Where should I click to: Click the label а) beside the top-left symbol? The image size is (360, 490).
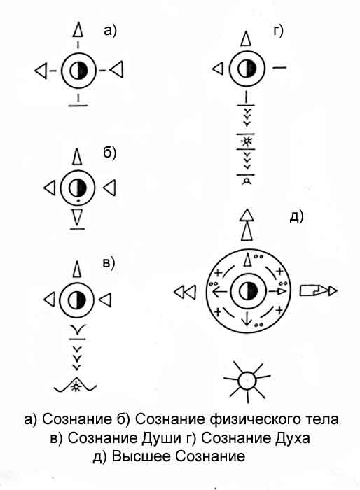point(110,31)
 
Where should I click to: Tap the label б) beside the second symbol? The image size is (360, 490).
point(109,153)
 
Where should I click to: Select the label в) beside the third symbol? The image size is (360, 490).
point(109,263)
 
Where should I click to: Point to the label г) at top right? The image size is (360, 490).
point(278,31)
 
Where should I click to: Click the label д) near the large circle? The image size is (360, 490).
point(296,216)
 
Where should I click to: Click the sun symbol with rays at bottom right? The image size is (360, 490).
point(247,381)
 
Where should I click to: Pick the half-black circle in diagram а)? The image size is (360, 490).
point(78,71)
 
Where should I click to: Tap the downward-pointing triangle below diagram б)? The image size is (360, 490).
point(77,218)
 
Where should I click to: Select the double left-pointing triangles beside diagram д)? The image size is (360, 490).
point(185,292)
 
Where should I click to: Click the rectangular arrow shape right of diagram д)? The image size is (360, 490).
point(318,290)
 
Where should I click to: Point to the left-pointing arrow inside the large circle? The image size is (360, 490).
point(221,292)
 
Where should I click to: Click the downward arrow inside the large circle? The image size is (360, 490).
point(247,318)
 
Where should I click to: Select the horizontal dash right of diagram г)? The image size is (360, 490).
point(279,67)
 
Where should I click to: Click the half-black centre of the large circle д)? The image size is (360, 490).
point(248,292)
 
